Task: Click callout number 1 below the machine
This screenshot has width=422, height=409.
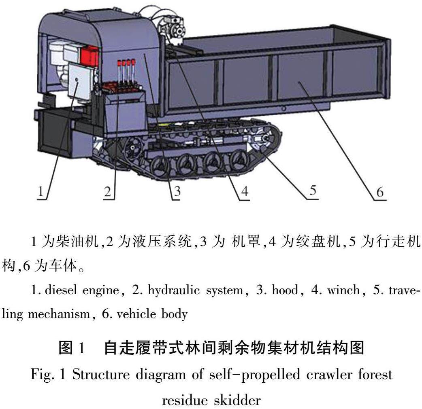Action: coord(40,192)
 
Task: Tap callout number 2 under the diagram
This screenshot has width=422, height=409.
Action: coord(107,192)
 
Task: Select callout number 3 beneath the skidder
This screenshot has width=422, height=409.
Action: coord(176,192)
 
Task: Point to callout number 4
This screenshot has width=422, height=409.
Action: coord(244,192)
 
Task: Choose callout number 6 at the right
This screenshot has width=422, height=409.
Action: coord(379,192)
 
